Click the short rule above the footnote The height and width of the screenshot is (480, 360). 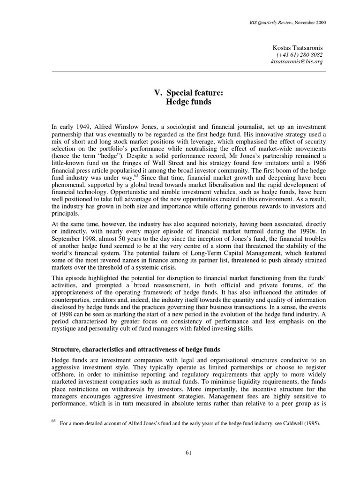point(94,416)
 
